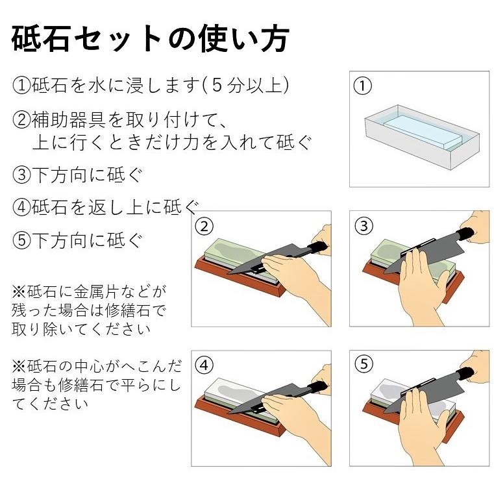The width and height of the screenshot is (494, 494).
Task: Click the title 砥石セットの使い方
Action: coord(150,40)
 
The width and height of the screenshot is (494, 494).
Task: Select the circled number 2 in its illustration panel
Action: coord(204,226)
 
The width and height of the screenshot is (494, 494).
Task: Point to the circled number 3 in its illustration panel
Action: coord(364,226)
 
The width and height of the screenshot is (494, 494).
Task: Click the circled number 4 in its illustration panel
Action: coord(204,365)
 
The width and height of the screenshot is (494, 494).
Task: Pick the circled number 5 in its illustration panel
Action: coord(364,365)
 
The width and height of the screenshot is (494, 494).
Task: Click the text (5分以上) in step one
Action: coord(245,85)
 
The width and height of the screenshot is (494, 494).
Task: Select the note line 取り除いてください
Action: coord(81,328)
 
